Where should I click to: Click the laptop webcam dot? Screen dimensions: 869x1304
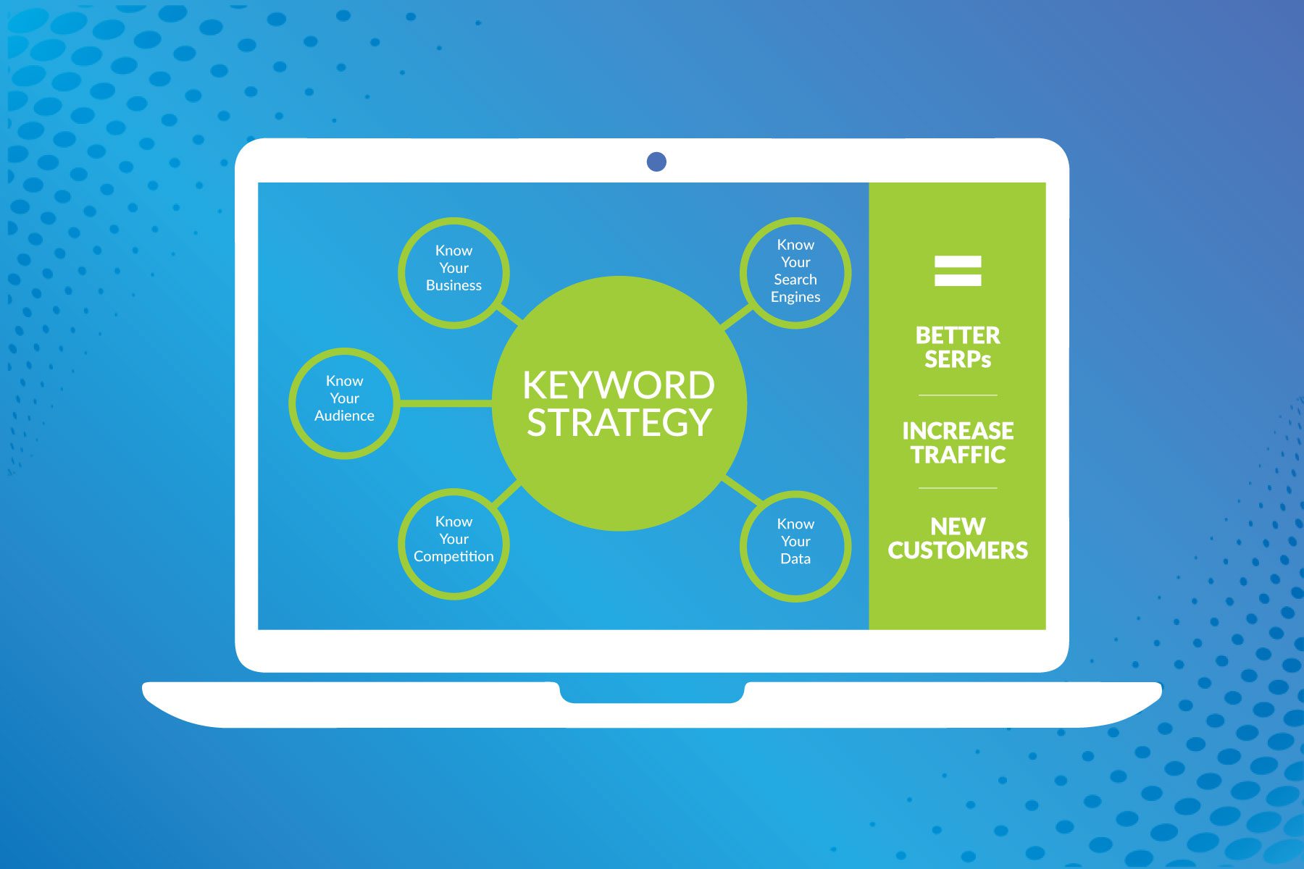click(x=656, y=161)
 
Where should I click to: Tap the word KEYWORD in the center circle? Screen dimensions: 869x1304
click(x=619, y=385)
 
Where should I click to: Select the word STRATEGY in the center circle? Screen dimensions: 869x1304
click(x=619, y=423)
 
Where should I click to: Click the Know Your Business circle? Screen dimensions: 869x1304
click(x=454, y=272)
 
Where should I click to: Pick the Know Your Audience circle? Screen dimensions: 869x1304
click(x=344, y=403)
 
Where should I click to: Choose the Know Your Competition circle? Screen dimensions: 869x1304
click(x=454, y=543)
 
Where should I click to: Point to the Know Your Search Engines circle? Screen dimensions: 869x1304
click(x=795, y=272)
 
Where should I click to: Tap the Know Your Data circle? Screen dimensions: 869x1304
click(x=795, y=545)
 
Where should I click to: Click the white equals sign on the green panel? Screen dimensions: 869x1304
click(x=958, y=271)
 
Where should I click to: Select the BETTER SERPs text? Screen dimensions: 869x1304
click(x=958, y=348)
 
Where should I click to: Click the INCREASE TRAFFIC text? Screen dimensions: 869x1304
click(x=958, y=442)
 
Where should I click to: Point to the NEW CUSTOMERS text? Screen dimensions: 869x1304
click(x=958, y=538)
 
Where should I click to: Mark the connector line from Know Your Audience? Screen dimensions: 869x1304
click(x=446, y=403)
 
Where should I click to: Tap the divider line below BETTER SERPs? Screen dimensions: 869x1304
click(x=958, y=395)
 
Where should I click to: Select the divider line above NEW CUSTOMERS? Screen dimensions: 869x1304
click(x=958, y=488)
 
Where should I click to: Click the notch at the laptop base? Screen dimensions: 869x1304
click(x=652, y=693)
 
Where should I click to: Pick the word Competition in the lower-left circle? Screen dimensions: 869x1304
click(x=454, y=557)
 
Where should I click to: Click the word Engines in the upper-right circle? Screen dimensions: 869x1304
click(x=795, y=297)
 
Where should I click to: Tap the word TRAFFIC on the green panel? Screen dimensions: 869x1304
click(x=958, y=455)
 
